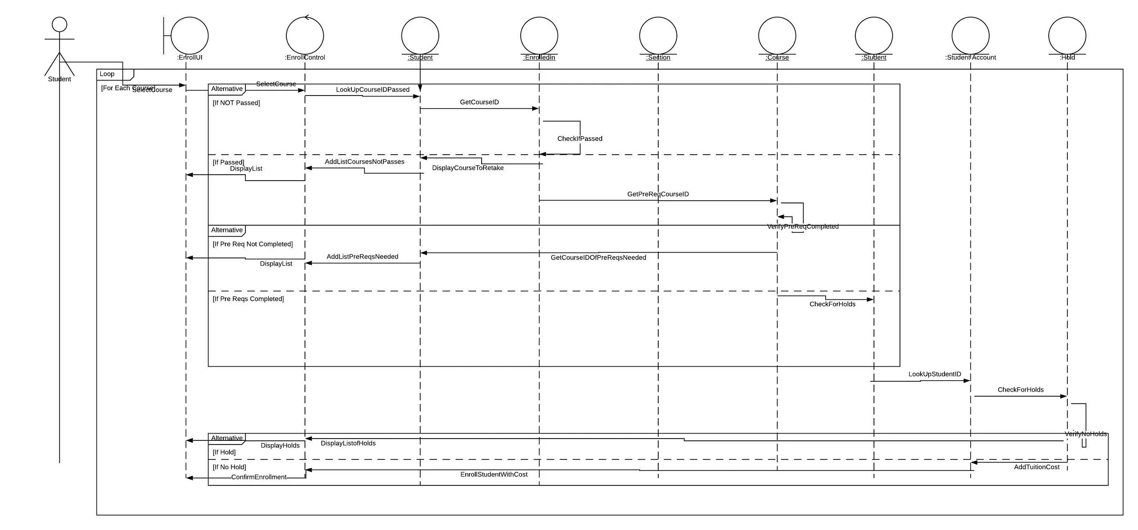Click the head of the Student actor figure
[x=60, y=24]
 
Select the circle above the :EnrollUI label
[x=189, y=35]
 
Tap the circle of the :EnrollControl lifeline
[x=305, y=35]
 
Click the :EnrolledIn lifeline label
[x=539, y=57]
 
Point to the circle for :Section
[x=658, y=35]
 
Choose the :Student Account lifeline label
[x=970, y=57]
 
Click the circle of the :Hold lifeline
[x=1067, y=35]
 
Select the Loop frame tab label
[x=107, y=74]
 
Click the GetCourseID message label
[x=479, y=102]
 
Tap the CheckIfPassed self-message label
[x=579, y=138]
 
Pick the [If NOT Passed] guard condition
[x=236, y=103]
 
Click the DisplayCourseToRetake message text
[x=467, y=168]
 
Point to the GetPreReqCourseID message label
[x=658, y=194]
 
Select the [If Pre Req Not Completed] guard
[x=253, y=244]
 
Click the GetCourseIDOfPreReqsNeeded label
[x=598, y=257]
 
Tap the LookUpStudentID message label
[x=935, y=374]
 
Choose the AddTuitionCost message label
[x=1036, y=467]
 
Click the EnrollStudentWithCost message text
[x=493, y=474]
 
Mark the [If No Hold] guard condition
[x=229, y=467]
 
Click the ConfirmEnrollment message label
[x=259, y=477]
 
